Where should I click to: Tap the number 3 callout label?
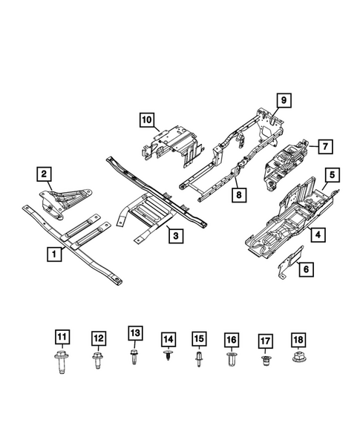coord(174,235)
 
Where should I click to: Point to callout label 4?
coord(316,235)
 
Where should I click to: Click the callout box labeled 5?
coord(333,175)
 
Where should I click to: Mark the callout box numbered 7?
coord(324,146)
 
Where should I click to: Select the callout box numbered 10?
coord(145,119)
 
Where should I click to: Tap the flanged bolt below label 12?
coord(97,363)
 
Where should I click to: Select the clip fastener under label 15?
coord(199,361)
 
